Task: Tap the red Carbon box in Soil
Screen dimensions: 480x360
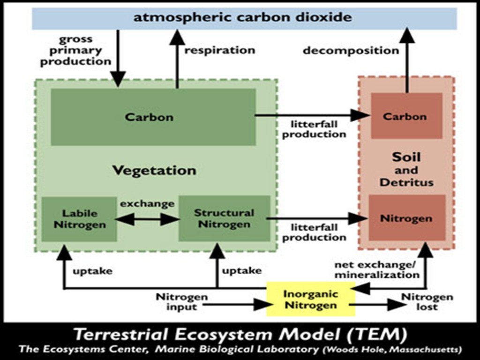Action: pyautogui.click(x=406, y=116)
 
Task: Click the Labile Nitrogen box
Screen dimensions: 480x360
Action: pyautogui.click(x=79, y=219)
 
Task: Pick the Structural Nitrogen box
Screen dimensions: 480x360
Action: pyautogui.click(x=224, y=219)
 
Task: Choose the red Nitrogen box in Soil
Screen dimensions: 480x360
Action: pyautogui.click(x=406, y=218)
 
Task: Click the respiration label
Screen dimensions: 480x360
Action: pyautogui.click(x=219, y=50)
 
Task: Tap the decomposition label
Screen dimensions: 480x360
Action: pyautogui.click(x=351, y=50)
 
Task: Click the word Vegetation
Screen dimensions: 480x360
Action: pyautogui.click(x=154, y=170)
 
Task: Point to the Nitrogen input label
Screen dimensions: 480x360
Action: pyautogui.click(x=181, y=302)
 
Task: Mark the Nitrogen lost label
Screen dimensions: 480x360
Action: pyautogui.click(x=427, y=302)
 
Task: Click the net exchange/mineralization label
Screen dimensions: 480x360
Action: pyautogui.click(x=376, y=270)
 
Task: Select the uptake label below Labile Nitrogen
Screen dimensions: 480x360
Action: pyautogui.click(x=92, y=271)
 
